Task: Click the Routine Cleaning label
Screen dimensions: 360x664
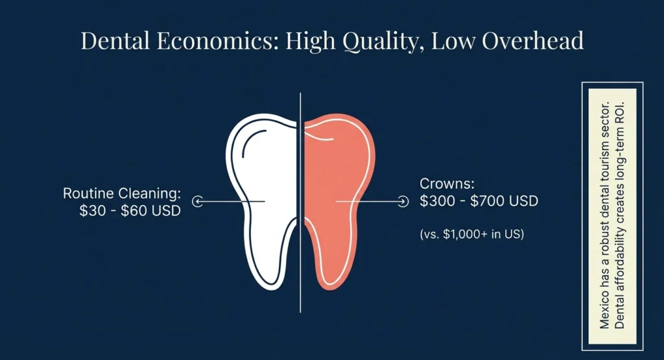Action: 121,193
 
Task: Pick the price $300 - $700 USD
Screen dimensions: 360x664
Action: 479,201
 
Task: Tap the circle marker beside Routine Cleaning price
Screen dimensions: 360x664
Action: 198,202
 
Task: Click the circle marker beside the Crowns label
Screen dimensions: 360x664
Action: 403,202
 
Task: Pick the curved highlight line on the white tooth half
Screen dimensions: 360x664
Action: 250,139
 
